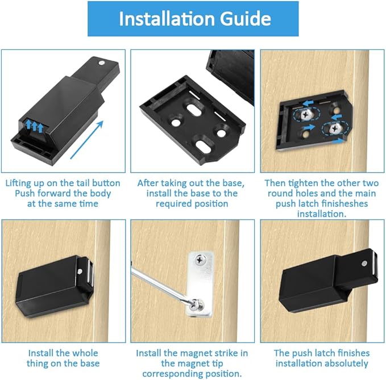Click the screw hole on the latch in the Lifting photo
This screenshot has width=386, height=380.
(x=101, y=64)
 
